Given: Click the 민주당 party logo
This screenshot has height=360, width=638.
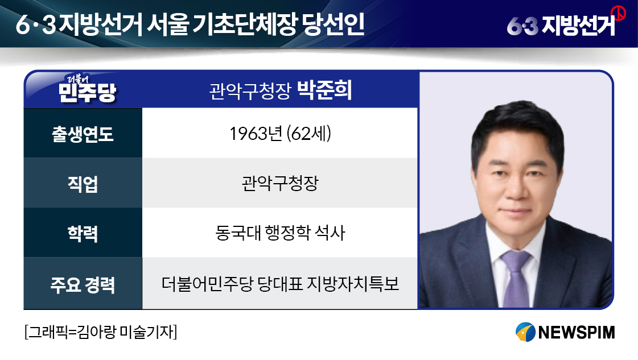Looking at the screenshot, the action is (x=88, y=89).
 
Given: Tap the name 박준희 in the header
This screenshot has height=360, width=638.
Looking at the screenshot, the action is (x=324, y=90).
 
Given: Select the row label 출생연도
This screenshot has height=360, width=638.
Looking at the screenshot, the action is (x=83, y=134).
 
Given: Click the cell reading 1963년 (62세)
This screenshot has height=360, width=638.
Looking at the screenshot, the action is (x=280, y=134).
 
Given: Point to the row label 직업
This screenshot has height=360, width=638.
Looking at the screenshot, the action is (x=83, y=184).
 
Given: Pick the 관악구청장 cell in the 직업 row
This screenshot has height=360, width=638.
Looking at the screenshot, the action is (x=280, y=183).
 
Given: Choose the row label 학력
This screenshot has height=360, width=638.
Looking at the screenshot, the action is (x=83, y=234).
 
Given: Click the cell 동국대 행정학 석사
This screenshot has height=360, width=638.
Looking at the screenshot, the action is (x=280, y=233).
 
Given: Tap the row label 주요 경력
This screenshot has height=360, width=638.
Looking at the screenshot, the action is (x=83, y=284).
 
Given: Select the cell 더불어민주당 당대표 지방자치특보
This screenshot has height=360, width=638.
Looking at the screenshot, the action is (x=280, y=284).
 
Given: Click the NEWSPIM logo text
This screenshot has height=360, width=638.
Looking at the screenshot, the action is (x=576, y=332).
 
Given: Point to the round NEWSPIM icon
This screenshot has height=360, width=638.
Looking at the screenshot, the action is (x=525, y=332).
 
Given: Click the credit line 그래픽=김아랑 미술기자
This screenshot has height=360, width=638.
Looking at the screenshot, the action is (x=101, y=332).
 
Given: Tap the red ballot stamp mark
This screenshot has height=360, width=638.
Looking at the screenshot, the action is (x=619, y=14).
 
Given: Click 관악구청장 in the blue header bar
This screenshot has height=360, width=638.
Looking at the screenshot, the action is (x=250, y=91).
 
